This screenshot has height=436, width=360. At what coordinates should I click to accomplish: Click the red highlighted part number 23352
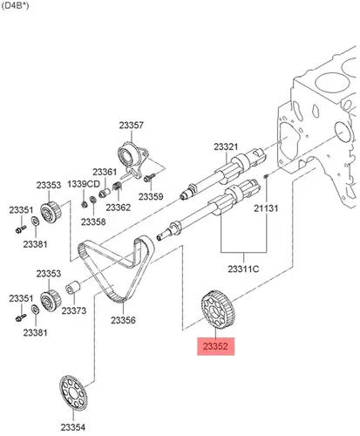215,346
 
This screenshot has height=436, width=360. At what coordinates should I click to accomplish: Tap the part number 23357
132,126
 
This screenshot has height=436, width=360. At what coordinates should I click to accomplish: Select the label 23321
226,146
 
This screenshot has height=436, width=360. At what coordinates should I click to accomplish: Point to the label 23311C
243,269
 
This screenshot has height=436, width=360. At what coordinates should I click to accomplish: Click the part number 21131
266,208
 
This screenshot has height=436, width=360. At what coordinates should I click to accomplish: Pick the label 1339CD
84,184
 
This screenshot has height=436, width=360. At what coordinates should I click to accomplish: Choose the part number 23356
123,320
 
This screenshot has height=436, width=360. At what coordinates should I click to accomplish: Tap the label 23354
73,427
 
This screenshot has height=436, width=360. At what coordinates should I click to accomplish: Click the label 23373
74,310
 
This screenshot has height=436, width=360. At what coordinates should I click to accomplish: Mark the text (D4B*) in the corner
15,6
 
